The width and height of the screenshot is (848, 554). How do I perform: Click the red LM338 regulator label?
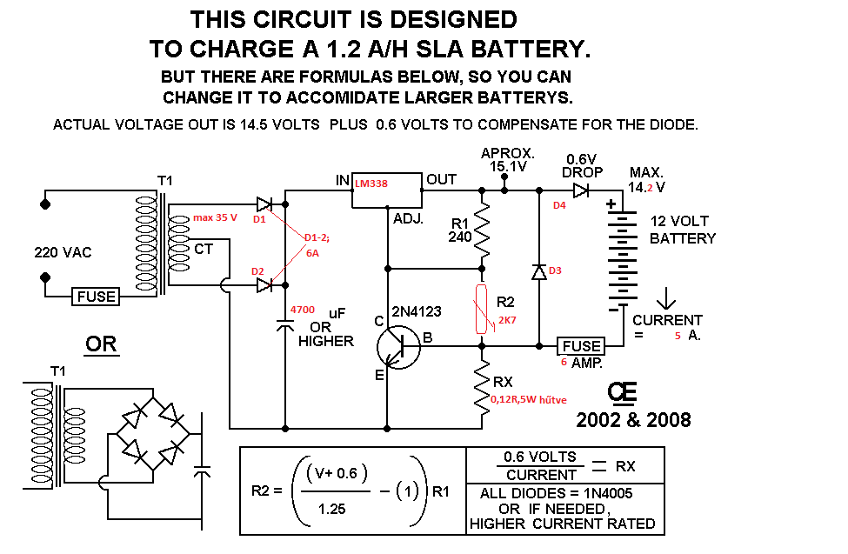371,184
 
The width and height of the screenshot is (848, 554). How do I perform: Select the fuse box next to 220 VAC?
97,297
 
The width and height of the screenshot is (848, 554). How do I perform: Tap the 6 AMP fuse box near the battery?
580,346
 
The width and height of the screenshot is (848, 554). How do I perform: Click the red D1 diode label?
259,219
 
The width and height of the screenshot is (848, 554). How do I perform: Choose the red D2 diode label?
257,271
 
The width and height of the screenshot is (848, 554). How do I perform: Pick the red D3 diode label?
555,271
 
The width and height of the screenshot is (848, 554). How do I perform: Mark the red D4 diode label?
559,206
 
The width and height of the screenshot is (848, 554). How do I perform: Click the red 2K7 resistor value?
506,321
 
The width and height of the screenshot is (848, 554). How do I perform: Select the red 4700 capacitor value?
303,310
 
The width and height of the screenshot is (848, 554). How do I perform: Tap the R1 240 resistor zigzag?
481,228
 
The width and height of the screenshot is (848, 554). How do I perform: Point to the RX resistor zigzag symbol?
482,387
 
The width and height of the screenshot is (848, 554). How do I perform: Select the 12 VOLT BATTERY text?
683,230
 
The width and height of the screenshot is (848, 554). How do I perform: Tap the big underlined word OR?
101,344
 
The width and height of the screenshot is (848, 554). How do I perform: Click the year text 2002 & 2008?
633,420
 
